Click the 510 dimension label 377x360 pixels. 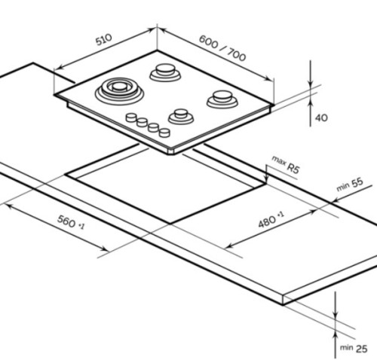103,39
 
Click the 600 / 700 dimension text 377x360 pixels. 222,48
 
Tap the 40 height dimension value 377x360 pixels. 321,117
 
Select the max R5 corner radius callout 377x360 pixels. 286,165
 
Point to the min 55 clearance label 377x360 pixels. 350,185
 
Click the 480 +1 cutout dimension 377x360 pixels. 271,219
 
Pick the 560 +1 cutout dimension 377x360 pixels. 71,222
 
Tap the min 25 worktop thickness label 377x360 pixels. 354,348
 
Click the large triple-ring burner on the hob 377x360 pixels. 119,91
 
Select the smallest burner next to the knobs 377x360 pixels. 181,116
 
